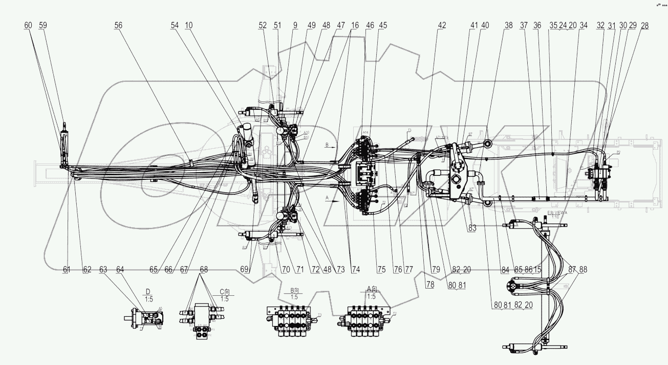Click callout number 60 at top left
28,25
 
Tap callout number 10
189,25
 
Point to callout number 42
442,25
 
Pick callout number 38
508,25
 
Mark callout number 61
67,269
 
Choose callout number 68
204,269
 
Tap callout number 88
583,269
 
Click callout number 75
381,269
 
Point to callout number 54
175,25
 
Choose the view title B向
294,290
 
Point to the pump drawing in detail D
145,319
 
